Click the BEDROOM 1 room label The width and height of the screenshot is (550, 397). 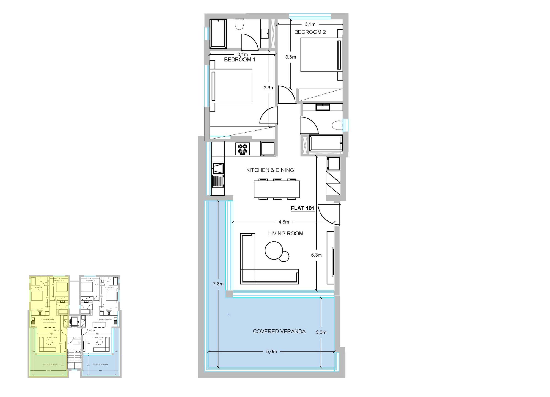click(x=240, y=59)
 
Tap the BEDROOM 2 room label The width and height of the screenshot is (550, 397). click(x=310, y=32)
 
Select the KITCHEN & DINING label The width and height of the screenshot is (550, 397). click(x=270, y=170)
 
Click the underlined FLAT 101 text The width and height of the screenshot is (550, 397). click(x=302, y=208)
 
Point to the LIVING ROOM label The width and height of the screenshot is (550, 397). click(x=285, y=233)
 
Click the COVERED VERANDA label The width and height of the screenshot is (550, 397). click(x=279, y=331)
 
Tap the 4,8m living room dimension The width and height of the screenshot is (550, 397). click(x=284, y=222)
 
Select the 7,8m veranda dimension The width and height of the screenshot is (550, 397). click(x=218, y=284)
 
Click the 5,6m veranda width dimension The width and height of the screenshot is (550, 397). click(x=271, y=351)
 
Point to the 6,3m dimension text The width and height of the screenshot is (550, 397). click(x=316, y=255)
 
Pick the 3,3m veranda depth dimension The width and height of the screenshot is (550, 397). click(x=321, y=332)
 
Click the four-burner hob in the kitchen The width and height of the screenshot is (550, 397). click(x=243, y=149)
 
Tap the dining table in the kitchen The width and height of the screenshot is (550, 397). click(x=277, y=189)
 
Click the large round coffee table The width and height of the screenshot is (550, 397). click(x=274, y=250)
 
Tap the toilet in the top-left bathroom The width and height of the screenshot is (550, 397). click(x=240, y=24)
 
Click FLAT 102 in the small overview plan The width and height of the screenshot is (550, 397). click(x=92, y=330)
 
